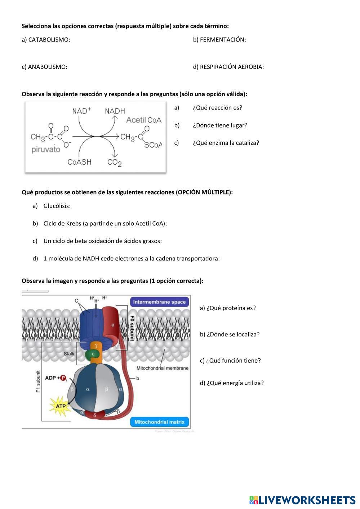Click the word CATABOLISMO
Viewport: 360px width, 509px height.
49,40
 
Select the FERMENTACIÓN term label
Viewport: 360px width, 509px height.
222,40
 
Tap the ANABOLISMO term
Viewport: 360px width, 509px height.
47,67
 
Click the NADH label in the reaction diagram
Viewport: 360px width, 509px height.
115,111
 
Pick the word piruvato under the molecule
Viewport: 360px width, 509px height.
46,149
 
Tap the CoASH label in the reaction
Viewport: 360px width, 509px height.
79,162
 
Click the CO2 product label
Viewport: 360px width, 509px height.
114,162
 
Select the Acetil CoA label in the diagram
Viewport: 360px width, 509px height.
144,120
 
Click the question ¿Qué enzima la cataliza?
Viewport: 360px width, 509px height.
226,143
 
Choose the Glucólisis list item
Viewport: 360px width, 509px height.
57,206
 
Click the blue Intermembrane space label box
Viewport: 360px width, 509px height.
159,302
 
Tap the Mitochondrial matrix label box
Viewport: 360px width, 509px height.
159,422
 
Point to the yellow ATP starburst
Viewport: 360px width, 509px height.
61,406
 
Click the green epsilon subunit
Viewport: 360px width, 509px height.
92,354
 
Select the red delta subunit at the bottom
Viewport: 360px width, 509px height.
95,415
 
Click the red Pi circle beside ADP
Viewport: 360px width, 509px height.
64,378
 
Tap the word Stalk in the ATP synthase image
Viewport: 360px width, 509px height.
69,353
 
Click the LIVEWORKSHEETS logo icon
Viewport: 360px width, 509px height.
254,500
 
